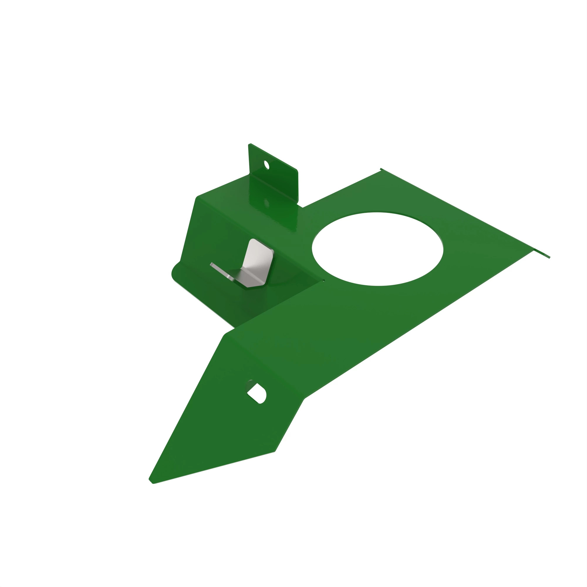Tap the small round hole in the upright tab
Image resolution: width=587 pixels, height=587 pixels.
(266, 165)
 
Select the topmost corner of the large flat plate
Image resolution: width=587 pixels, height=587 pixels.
(381, 169)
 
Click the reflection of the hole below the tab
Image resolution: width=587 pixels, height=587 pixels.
(266, 203)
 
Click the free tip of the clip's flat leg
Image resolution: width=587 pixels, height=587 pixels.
(211, 264)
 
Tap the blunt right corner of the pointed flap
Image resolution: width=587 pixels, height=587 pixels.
(274, 451)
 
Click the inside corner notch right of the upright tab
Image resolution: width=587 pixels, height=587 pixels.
(302, 207)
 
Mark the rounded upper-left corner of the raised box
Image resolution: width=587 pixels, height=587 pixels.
(198, 198)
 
